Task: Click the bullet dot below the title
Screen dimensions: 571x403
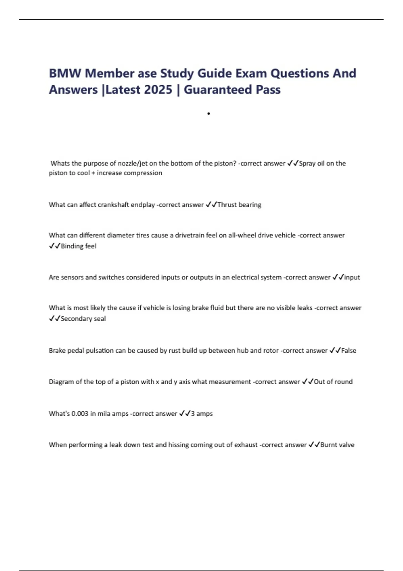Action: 209,114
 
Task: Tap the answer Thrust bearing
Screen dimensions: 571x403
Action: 239,205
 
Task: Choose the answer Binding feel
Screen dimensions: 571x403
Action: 79,246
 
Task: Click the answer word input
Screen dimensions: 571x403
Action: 352,277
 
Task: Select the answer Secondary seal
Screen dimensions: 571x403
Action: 83,319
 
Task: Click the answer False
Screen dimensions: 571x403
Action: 349,351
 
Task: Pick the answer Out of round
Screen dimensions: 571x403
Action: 333,382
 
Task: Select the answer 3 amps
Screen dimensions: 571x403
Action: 202,414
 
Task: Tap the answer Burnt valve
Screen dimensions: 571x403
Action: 337,445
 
